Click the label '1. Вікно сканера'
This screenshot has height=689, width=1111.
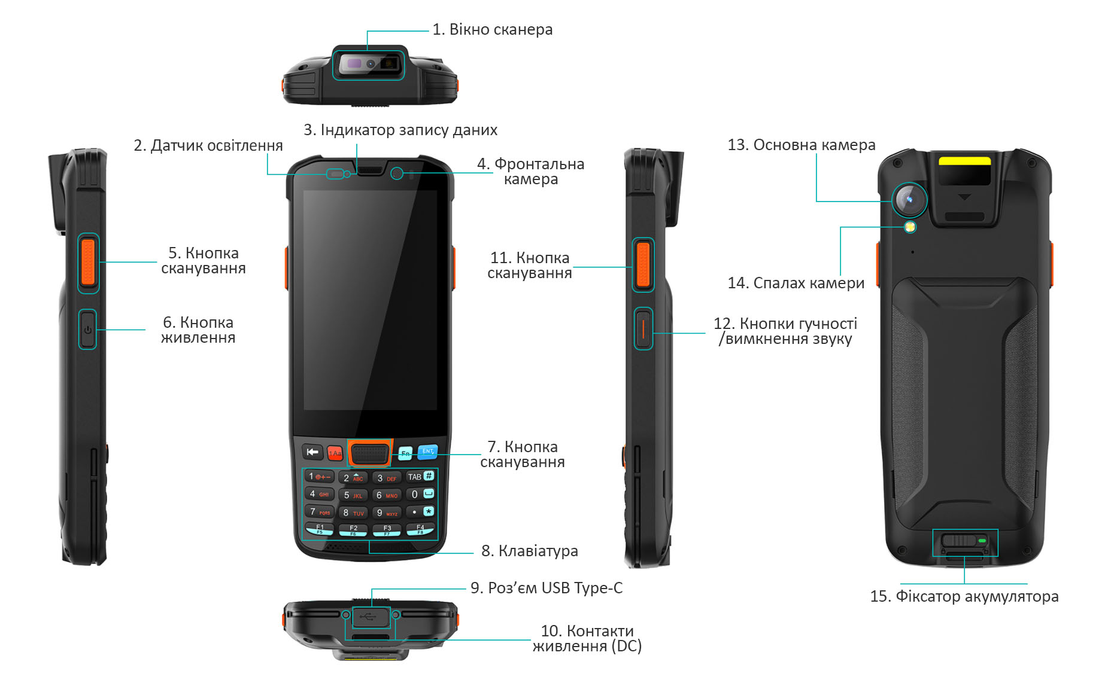pyautogui.click(x=492, y=29)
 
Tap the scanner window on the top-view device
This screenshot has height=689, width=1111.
pyautogui.click(x=369, y=63)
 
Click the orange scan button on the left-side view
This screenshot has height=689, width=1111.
pyautogui.click(x=88, y=262)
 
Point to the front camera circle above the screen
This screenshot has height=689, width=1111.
pyautogui.click(x=396, y=173)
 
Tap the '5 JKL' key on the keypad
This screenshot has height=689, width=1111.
pyautogui.click(x=353, y=495)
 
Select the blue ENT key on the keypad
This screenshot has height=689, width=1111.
pyautogui.click(x=427, y=452)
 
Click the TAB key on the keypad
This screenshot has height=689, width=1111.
pyautogui.click(x=420, y=477)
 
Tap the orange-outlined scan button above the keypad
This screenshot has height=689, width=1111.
pyautogui.click(x=369, y=453)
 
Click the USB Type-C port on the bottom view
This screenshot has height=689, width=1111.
pyautogui.click(x=371, y=617)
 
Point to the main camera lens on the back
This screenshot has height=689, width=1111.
pyautogui.click(x=909, y=199)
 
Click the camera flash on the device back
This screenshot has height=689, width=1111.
pyautogui.click(x=910, y=227)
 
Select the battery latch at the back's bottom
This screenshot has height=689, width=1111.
pyautogui.click(x=964, y=541)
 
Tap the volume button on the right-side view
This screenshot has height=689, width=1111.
pyautogui.click(x=643, y=328)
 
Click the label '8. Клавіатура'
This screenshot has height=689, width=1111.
pyautogui.click(x=530, y=551)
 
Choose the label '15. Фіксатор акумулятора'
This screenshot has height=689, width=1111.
pyautogui.click(x=964, y=596)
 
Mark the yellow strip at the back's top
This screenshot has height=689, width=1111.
pyautogui.click(x=964, y=160)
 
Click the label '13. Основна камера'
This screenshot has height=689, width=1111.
pyautogui.click(x=802, y=145)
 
